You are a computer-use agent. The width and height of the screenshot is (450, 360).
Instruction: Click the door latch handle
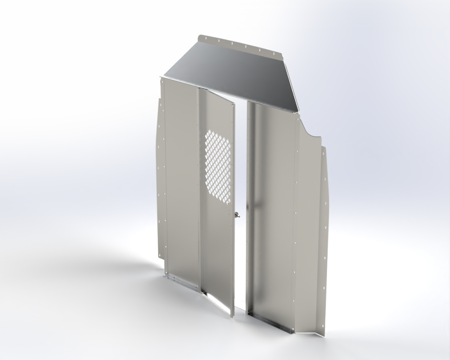pos(236,214)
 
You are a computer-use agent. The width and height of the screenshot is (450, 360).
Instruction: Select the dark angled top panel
pos(233,74)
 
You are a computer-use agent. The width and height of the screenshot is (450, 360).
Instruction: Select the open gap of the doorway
pos(241,194)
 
